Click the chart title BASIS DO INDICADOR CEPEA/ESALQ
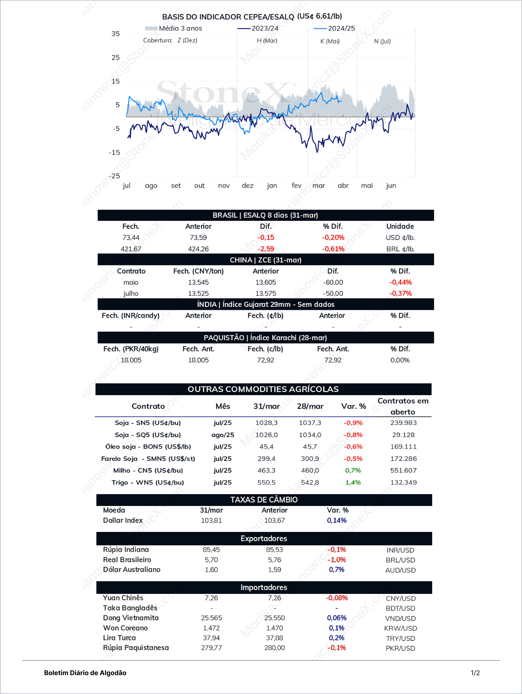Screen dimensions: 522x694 (x=228, y=17)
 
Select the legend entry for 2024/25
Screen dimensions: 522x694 (x=334, y=29)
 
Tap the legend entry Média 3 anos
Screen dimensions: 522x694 (x=173, y=29)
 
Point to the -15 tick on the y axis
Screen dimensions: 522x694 (x=114, y=152)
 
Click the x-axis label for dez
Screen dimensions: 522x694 (x=248, y=185)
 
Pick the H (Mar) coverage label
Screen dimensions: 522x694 (x=267, y=40)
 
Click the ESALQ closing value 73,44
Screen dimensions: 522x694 (x=131, y=237)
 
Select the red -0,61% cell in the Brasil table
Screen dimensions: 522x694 (x=333, y=249)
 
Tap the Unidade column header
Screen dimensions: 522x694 (x=400, y=226)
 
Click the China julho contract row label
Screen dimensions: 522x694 (x=131, y=293)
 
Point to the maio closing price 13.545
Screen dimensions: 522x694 (x=198, y=282)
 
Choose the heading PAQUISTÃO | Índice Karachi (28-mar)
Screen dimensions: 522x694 (x=265, y=337)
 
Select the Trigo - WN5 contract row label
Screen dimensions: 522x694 (x=148, y=482)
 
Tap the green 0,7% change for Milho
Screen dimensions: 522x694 (x=353, y=470)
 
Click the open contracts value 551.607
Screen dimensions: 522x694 (x=403, y=470)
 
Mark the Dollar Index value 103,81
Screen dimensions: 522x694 (x=211, y=521)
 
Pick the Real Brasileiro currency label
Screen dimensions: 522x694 (x=127, y=560)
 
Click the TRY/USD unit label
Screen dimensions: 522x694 (x=400, y=639)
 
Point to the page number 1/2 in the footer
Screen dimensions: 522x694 (x=475, y=673)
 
